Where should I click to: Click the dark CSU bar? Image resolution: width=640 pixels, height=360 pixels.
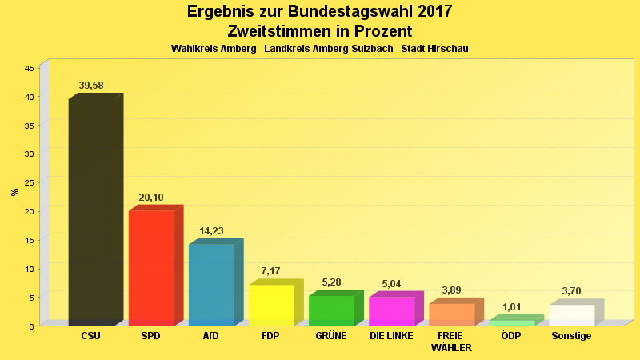tap(91, 212)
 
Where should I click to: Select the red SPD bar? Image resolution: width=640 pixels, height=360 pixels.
tap(151, 267)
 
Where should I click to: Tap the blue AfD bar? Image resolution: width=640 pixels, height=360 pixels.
tap(211, 284)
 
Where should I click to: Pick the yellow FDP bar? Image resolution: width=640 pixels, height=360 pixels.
tap(271, 305)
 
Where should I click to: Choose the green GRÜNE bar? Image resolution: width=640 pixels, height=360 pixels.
tap(331, 310)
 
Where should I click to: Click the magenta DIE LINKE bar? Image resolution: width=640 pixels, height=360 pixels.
tap(391, 310)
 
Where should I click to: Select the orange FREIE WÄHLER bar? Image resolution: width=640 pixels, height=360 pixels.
tap(451, 314)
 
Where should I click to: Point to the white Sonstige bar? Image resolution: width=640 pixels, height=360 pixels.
tap(571, 315)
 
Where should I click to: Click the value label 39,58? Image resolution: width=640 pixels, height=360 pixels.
tap(91, 86)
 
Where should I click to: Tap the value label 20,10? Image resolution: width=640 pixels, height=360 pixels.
tap(151, 198)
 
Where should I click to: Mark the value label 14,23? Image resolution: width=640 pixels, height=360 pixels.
tap(211, 231)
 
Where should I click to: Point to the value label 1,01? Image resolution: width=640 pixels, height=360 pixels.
tap(511, 307)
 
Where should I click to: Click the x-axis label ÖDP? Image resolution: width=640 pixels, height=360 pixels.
tap(511, 336)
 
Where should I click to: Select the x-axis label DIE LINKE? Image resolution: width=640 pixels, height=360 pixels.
tap(391, 336)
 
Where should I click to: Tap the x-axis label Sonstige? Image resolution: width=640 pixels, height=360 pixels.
tap(571, 336)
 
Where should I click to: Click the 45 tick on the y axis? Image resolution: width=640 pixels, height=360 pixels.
tap(29, 69)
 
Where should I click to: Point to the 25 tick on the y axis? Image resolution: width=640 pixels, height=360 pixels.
tap(29, 183)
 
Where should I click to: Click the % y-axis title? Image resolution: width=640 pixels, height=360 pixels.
tap(14, 192)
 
